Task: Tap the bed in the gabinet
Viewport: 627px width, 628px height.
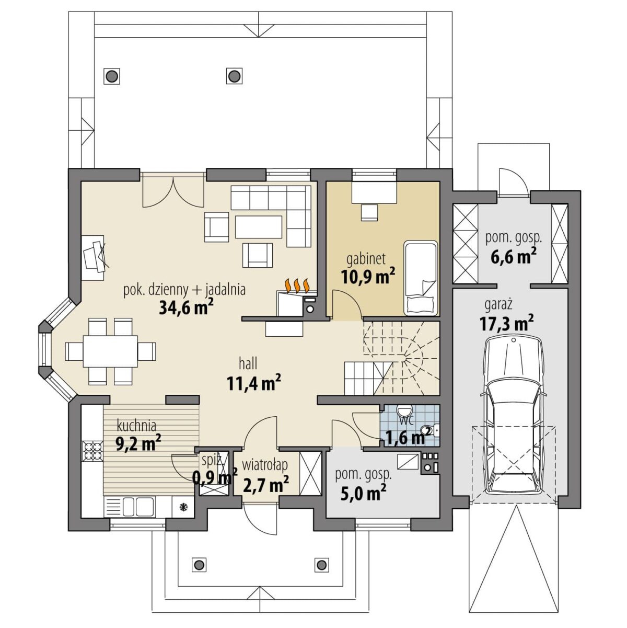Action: coord(421,278)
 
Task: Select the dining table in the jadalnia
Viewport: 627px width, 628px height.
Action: coord(110,351)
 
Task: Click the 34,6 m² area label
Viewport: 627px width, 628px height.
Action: coord(186,307)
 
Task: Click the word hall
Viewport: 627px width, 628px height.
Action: coord(248,363)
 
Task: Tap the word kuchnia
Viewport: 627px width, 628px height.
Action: coord(136,425)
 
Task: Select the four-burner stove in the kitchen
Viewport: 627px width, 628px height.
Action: coord(92,451)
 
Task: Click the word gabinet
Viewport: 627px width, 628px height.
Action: coord(366,259)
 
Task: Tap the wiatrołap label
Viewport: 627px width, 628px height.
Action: coord(265,465)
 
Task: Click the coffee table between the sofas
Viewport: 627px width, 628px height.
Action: coord(259,227)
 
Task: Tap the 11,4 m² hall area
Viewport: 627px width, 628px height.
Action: coord(254,383)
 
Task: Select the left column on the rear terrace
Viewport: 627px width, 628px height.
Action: coord(112,76)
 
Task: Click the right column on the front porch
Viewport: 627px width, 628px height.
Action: coord(321,564)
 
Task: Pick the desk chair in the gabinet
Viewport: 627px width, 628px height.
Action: coord(369,212)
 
